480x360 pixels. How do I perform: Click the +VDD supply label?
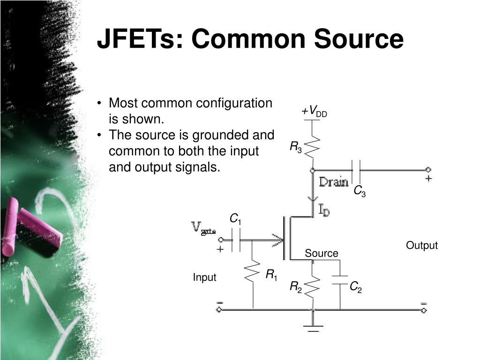(314, 112)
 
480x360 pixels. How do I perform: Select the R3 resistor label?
(295, 148)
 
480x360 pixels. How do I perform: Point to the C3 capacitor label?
(359, 191)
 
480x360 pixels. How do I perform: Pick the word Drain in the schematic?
(334, 182)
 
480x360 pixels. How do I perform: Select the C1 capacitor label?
(235, 219)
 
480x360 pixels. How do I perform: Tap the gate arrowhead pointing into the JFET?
(277, 241)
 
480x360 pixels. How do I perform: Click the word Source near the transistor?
(321, 254)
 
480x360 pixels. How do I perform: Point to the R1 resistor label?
(271, 275)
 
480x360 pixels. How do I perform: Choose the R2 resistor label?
(295, 287)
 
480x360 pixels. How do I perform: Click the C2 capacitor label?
(356, 287)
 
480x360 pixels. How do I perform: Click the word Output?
(421, 246)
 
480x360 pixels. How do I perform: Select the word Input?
(204, 277)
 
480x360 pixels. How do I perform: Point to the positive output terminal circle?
(427, 170)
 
